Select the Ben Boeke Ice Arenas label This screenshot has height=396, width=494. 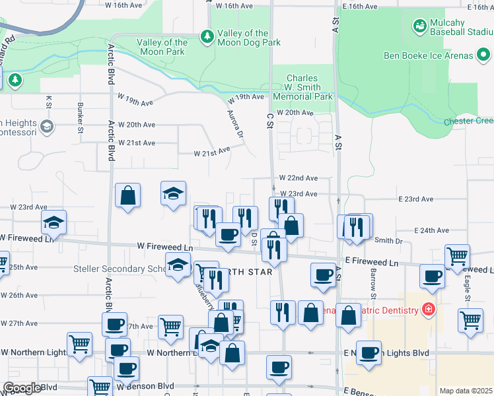click(x=438, y=55)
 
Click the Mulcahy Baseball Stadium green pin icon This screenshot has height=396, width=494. click(x=418, y=26)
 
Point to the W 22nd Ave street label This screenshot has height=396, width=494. click(x=298, y=178)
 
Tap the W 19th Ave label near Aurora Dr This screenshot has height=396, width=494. click(x=246, y=97)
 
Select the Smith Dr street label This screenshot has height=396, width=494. click(x=388, y=241)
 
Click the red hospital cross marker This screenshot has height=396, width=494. click(x=428, y=309)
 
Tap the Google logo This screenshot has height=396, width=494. click(x=21, y=388)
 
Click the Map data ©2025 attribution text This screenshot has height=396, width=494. click(x=466, y=391)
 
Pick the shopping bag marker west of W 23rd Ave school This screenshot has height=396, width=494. click(x=127, y=195)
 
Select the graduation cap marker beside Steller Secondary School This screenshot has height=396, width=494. click(x=177, y=264)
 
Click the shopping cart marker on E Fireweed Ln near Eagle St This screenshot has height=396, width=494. click(x=457, y=255)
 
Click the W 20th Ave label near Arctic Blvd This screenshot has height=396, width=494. click(x=136, y=125)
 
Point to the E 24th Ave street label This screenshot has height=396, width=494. click(x=431, y=230)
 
